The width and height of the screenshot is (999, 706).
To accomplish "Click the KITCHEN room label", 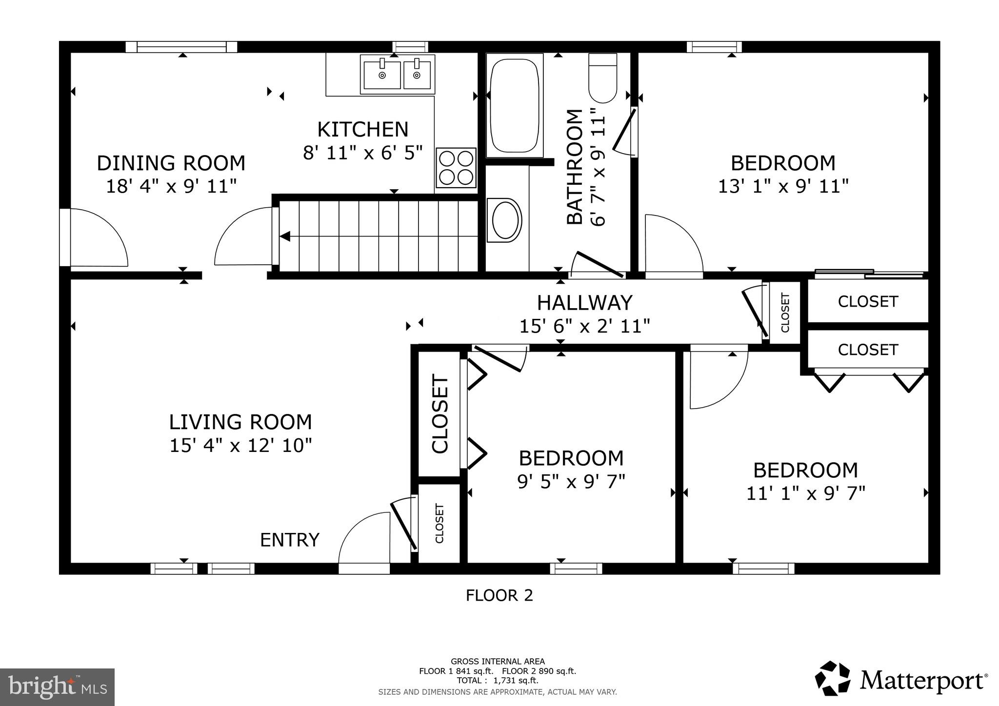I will (x=362, y=130).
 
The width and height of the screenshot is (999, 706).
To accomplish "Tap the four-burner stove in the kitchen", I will (x=456, y=168).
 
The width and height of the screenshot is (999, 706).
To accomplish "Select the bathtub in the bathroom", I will (x=514, y=105).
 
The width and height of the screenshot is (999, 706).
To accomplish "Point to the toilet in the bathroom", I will (x=603, y=79).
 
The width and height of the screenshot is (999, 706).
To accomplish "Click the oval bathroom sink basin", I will (x=504, y=220).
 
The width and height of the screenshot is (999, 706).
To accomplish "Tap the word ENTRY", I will (x=290, y=540).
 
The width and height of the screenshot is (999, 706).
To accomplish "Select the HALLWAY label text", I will (x=584, y=303).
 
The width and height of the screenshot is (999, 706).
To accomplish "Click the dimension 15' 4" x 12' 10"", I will (x=240, y=446).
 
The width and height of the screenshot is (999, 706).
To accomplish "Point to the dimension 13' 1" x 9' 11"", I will (x=783, y=186).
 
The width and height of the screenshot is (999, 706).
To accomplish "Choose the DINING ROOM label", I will (x=171, y=163).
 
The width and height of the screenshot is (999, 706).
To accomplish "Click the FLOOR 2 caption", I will (x=499, y=596).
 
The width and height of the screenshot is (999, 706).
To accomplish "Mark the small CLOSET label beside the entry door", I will (x=439, y=524).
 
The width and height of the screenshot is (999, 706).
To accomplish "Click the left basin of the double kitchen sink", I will (x=382, y=76).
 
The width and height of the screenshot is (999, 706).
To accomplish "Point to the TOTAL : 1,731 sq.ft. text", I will (x=498, y=681).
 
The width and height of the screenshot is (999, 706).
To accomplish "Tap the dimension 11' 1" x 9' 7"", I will (x=805, y=494).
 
